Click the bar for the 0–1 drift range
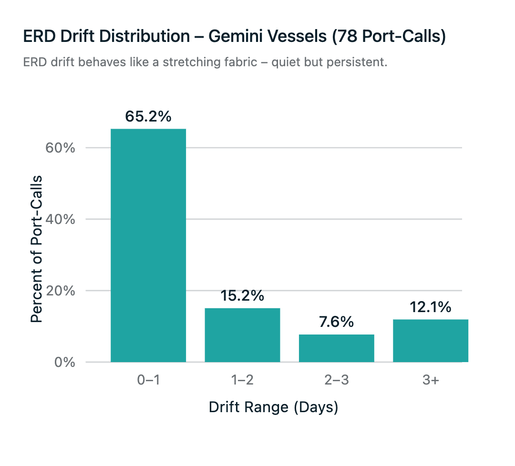click(148, 245)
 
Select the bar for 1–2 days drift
click(242, 335)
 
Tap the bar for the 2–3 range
click(336, 348)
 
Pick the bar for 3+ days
click(430, 341)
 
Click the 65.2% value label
click(148, 116)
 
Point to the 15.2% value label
click(242, 296)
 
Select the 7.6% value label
click(336, 322)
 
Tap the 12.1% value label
click(430, 307)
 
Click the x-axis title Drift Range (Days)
click(273, 408)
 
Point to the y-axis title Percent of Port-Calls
click(37, 249)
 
